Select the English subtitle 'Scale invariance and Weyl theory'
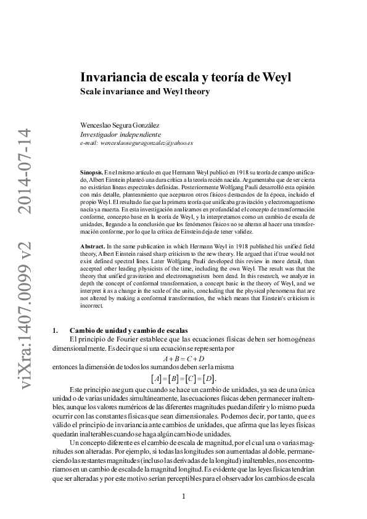pos(145,92)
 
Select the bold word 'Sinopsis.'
pos(91,168)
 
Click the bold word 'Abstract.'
pos(93,246)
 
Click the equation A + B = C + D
pos(183,358)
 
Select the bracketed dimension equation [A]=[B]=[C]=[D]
pos(183,378)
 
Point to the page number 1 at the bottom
pos(184,497)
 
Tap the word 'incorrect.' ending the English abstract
pos(94,305)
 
